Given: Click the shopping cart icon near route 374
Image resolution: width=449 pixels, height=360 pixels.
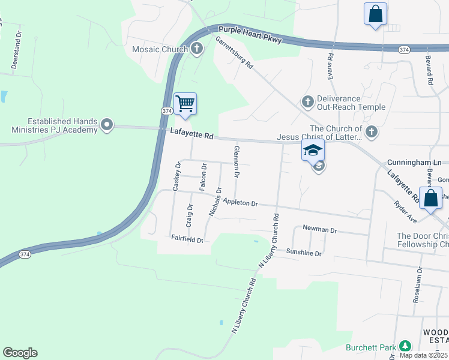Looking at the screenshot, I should tap(185, 103).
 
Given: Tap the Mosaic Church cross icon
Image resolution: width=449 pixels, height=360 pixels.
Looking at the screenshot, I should tap(197, 49).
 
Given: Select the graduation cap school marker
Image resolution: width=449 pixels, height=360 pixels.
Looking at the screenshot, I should tap(312, 150).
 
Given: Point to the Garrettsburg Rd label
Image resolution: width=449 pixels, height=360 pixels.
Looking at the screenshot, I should tap(235, 53).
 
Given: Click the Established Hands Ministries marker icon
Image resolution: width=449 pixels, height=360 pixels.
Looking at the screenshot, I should tap(107, 125).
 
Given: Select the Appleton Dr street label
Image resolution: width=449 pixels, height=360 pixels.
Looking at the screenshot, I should tap(240, 203).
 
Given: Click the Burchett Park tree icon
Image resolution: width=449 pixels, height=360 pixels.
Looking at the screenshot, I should tap(405, 347).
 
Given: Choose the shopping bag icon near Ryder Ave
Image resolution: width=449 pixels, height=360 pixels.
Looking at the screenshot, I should tap(430, 198).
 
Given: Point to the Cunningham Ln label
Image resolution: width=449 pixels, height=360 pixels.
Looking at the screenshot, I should tap(414, 163).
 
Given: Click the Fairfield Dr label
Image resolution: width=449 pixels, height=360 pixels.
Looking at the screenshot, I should tap(187, 239).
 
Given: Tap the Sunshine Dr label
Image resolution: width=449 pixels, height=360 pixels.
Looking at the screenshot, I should tap(304, 253).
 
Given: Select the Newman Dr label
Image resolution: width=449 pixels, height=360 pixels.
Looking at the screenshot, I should tap(320, 230).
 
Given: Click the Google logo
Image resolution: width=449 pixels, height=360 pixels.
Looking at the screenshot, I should tap(20, 352).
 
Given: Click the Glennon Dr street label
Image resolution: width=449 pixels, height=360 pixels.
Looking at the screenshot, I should tap(237, 161).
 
